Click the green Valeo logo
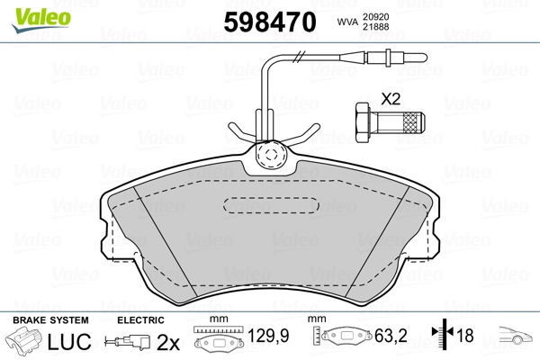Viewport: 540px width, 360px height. (41, 20)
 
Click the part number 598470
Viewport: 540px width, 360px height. (270, 22)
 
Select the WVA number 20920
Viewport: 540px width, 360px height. (375, 17)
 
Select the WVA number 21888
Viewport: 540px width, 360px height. (375, 26)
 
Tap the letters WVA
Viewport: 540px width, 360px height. (347, 22)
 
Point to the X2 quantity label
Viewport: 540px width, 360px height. (391, 99)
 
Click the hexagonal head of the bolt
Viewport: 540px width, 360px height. (362, 122)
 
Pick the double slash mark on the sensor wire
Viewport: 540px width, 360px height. (300, 57)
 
